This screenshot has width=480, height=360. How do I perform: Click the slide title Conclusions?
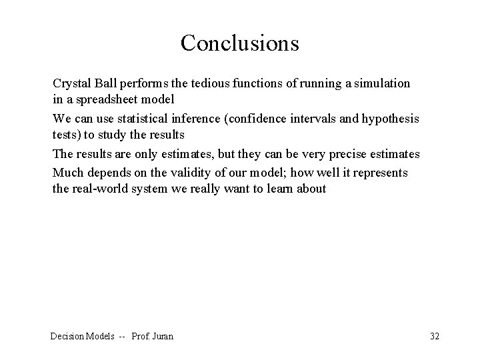click(x=239, y=43)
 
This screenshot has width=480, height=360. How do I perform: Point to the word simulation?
click(x=381, y=84)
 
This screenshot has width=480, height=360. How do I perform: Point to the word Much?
click(x=67, y=172)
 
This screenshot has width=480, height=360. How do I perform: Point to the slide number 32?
click(x=435, y=336)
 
